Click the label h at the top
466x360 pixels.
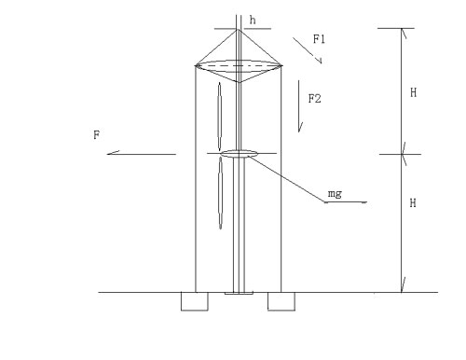tap(253, 21)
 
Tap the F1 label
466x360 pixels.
tap(319, 39)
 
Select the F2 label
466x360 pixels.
tap(314, 99)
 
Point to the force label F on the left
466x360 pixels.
tap(97, 135)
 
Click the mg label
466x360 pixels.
tap(335, 194)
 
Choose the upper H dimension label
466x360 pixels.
tap(413, 92)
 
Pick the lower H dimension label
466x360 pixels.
tap(413, 203)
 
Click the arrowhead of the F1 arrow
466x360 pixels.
tap(320, 62)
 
